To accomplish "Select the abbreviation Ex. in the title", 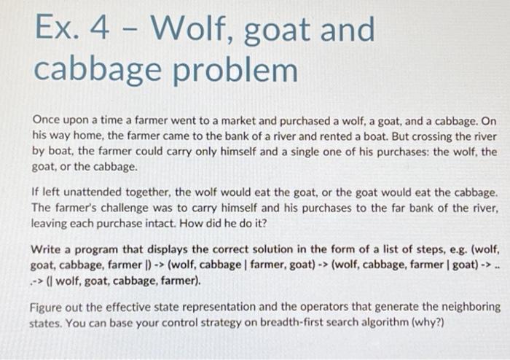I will tap(55, 30).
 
